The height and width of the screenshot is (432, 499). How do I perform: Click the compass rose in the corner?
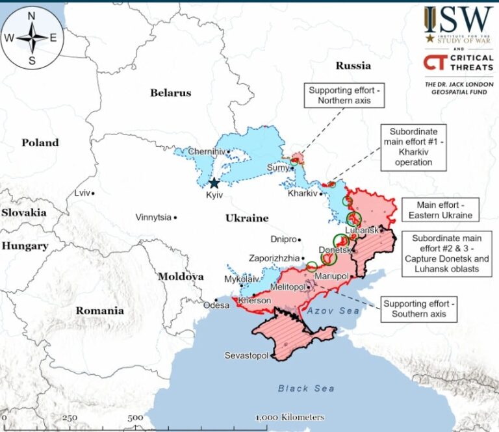32,37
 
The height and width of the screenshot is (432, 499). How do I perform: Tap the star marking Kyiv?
214,183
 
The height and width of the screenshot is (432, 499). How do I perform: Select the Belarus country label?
171,93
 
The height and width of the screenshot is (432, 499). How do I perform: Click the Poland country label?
40,143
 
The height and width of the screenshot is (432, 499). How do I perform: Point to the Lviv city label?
82,193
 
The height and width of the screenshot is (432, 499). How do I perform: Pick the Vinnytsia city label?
153,217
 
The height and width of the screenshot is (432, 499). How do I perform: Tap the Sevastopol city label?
246,355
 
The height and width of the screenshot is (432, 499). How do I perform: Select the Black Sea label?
306,388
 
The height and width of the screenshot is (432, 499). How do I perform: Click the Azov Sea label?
333,311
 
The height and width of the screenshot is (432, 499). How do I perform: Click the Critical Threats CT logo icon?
432,62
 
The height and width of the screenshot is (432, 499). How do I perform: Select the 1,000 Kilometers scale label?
290,417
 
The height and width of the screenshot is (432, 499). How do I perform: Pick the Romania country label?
99,311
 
